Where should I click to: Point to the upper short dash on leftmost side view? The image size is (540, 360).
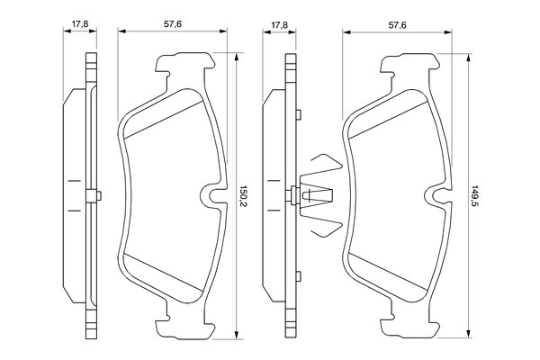point(71,180)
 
